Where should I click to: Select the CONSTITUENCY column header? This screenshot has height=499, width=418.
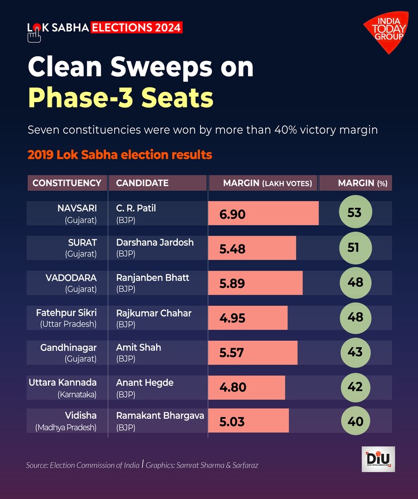67,183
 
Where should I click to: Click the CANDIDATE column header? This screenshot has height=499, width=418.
142,183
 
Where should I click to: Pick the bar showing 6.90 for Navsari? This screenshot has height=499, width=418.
263,213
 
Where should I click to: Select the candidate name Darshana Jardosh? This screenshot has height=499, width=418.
155,242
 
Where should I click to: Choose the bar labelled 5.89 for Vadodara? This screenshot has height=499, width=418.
255,283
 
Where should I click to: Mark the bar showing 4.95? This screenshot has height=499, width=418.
248,317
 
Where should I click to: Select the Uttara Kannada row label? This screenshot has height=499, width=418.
63,382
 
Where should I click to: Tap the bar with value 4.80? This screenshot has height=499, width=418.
246,387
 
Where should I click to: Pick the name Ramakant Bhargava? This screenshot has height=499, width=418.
160,415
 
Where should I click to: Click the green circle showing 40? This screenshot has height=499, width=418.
355,421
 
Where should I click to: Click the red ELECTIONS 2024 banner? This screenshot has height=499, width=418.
137,27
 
